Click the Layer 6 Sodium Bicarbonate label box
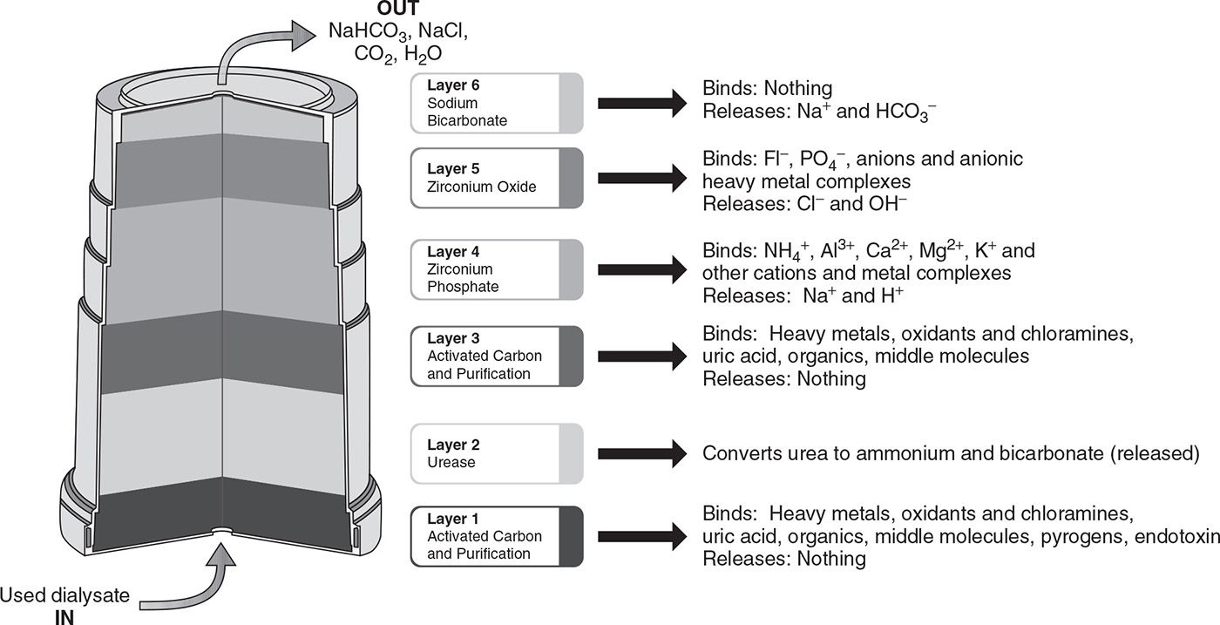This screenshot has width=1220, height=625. pyautogui.click(x=496, y=103)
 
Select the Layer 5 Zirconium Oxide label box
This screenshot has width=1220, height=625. pyautogui.click(x=496, y=178)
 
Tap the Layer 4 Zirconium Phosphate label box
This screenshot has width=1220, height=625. pyautogui.click(x=496, y=269)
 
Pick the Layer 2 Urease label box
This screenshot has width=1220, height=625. pyautogui.click(x=496, y=452)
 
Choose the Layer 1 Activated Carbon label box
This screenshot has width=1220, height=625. pyautogui.click(x=496, y=536)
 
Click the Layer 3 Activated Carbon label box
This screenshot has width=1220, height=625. pyautogui.click(x=496, y=356)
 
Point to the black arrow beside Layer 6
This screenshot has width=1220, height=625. pyautogui.click(x=641, y=103)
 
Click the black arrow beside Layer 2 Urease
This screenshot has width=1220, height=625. pyautogui.click(x=641, y=452)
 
